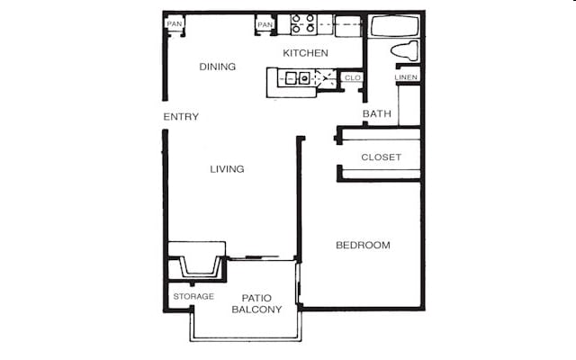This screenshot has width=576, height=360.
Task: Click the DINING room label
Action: [x=218, y=67]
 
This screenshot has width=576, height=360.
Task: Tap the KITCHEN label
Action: [x=306, y=53]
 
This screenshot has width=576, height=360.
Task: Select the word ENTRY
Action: [x=181, y=117]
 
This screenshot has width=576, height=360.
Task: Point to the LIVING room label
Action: [x=227, y=169]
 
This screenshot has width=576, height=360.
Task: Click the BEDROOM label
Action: [x=363, y=246]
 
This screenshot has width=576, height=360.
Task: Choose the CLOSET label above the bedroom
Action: [x=381, y=157]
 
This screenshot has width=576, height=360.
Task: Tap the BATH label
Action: [x=376, y=114]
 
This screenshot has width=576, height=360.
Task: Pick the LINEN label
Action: [x=407, y=77]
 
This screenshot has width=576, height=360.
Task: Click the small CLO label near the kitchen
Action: [x=353, y=78]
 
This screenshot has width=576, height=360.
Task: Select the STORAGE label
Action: [x=193, y=297]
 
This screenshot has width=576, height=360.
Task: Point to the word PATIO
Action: [x=256, y=298]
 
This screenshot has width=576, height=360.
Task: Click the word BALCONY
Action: [x=256, y=310]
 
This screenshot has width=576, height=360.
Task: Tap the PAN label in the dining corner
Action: [x=175, y=23]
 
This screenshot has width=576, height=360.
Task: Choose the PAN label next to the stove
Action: [x=265, y=24]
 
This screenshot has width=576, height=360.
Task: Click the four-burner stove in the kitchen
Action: [x=302, y=23]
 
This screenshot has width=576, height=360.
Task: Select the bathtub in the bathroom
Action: [x=395, y=25]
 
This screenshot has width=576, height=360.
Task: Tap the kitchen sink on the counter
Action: [x=296, y=78]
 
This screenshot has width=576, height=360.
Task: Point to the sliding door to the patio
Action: [x=260, y=259]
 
